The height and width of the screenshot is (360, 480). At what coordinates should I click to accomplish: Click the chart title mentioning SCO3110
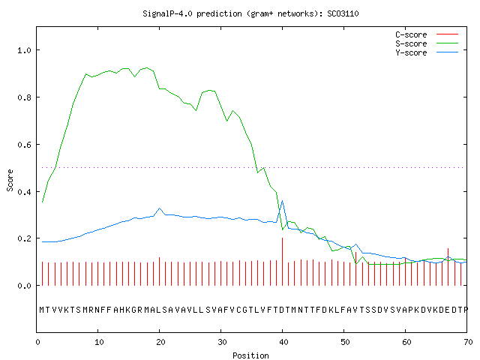[x=250, y=13]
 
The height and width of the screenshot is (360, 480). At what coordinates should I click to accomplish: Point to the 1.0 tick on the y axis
[x=25, y=50]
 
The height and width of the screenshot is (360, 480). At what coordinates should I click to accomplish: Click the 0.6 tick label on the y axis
[x=25, y=145]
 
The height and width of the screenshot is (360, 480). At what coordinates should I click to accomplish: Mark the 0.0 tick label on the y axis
[x=25, y=286]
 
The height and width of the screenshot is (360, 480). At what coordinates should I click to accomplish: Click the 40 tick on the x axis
[x=283, y=342]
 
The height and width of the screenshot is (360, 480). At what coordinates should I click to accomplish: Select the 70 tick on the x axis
[x=468, y=342]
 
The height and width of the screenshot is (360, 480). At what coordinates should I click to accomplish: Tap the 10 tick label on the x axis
[x=99, y=342]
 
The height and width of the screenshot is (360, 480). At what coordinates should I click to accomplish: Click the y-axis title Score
[x=10, y=180]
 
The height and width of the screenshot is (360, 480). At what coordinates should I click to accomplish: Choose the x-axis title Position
[x=250, y=355]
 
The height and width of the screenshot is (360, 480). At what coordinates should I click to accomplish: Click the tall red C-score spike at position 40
[x=282, y=262]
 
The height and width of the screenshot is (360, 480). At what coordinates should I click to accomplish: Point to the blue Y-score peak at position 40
[x=282, y=201]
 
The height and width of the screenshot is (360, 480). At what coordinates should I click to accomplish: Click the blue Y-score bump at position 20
[x=159, y=208]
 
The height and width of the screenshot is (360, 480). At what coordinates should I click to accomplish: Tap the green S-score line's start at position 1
[x=42, y=202]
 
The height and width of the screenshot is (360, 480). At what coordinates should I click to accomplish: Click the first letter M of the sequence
[x=42, y=310]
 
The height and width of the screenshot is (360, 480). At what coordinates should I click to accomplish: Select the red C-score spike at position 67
[x=448, y=267]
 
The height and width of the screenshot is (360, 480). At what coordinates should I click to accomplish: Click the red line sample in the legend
[x=447, y=34]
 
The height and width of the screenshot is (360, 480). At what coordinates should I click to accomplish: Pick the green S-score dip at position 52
[x=356, y=263]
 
